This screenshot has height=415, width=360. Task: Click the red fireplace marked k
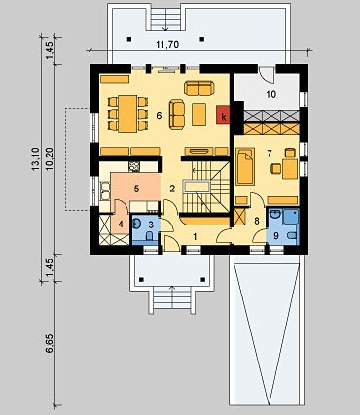[x=223, y=115]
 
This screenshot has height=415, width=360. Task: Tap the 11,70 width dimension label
[x=167, y=44]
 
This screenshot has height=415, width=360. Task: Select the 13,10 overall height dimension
[x=35, y=158]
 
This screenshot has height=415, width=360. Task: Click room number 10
[x=271, y=94]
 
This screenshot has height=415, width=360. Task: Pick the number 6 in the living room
[x=159, y=115]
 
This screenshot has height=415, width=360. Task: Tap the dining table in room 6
[x=127, y=114]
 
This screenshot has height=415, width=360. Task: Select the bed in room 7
[x=245, y=166]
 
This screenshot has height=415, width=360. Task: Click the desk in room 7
[x=290, y=168]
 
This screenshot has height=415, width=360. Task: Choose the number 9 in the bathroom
[x=276, y=235]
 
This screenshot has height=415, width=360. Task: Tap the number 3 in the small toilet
[x=151, y=225]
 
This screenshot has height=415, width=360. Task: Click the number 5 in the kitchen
[x=136, y=189]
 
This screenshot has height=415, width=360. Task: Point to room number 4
[x=121, y=224]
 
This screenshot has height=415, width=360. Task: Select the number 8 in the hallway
[x=257, y=222]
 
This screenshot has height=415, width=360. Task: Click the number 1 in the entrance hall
[x=195, y=237]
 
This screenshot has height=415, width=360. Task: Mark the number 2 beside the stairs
[x=172, y=189]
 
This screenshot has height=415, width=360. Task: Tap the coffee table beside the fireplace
[x=198, y=115]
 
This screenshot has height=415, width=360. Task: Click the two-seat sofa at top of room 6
[x=199, y=88]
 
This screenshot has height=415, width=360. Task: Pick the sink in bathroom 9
[x=276, y=214]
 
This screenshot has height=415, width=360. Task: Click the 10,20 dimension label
[x=50, y=159]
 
